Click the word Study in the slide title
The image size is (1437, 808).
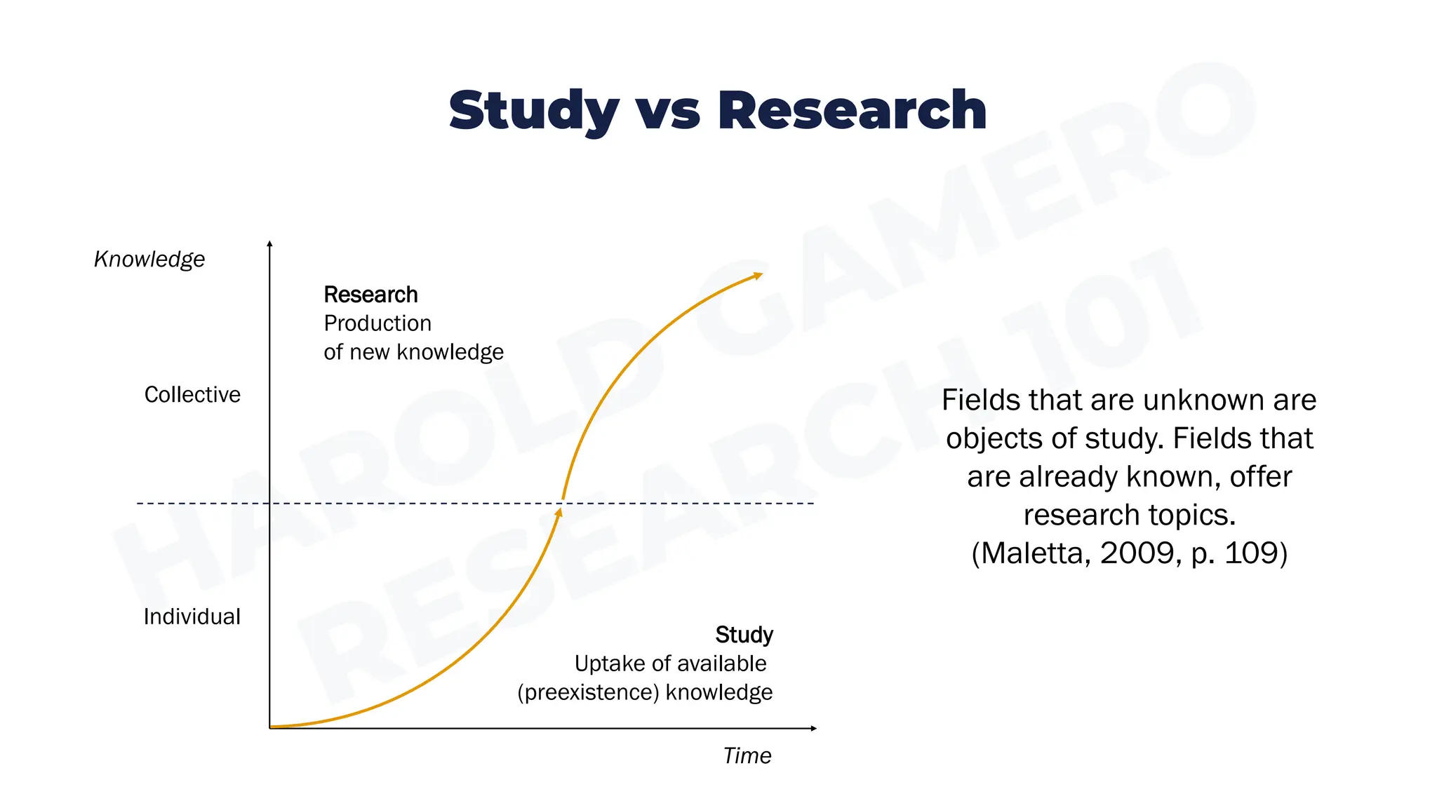533,111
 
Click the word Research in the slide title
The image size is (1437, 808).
852,111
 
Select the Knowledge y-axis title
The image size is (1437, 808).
149,260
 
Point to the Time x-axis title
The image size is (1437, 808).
747,755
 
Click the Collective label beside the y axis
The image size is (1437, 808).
192,395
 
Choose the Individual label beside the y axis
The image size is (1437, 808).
192,617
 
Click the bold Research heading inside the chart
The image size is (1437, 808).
370,295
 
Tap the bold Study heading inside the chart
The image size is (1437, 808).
744,635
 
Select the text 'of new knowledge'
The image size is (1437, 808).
413,352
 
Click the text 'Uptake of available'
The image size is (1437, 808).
670,664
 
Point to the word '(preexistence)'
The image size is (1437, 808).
588,692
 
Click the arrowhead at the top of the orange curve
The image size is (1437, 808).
757,276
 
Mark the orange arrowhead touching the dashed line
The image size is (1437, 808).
559,513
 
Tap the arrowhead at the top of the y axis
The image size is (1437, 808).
269,244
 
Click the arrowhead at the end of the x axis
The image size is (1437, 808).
813,728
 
